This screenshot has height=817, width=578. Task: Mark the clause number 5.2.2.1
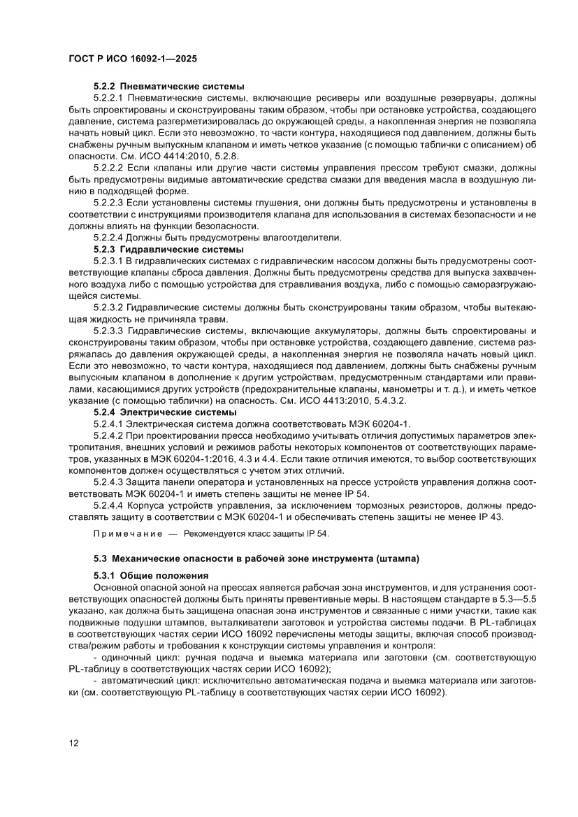(108, 99)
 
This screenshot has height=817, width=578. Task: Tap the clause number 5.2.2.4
(108, 238)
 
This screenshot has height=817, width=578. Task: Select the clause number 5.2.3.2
(108, 308)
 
